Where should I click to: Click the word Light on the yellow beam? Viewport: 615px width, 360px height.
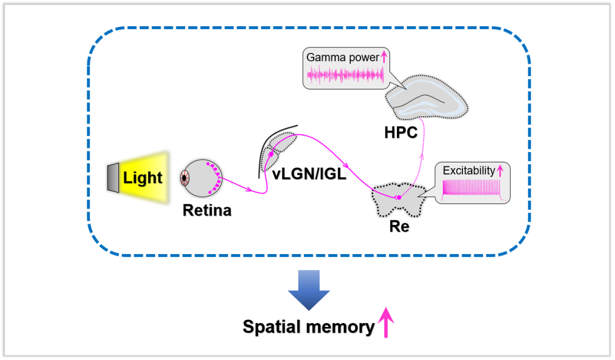pyautogui.click(x=142, y=178)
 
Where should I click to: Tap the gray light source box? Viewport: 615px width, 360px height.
pyautogui.click(x=112, y=178)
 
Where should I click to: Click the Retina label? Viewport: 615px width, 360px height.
pyautogui.click(x=207, y=210)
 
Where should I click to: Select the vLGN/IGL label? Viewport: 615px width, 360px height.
pyautogui.click(x=309, y=174)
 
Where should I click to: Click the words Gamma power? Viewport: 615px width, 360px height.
pyautogui.click(x=342, y=58)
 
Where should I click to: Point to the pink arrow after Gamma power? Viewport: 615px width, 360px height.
pyautogui.click(x=384, y=57)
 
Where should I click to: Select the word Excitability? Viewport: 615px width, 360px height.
pyautogui.click(x=469, y=170)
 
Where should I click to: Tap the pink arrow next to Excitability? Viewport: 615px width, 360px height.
pyautogui.click(x=501, y=170)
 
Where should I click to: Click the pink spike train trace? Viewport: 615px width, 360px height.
pyautogui.click(x=473, y=188)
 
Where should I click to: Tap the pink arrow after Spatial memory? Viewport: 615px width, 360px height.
pyautogui.click(x=387, y=322)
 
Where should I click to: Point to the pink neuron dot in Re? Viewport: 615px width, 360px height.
pyautogui.click(x=399, y=197)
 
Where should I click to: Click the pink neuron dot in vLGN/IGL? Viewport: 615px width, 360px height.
pyautogui.click(x=271, y=154)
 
